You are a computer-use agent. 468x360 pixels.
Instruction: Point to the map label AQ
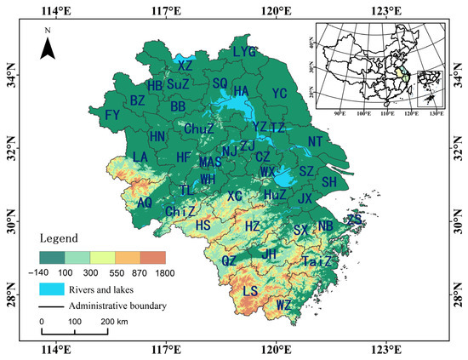(x=145, y=203)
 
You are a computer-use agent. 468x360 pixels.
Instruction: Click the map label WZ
(x=285, y=304)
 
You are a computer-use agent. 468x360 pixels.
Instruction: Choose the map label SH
(x=329, y=182)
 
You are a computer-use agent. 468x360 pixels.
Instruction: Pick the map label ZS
(x=354, y=219)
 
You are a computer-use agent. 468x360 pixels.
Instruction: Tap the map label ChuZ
(x=198, y=129)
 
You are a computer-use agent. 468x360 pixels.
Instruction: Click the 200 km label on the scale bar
(x=116, y=322)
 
